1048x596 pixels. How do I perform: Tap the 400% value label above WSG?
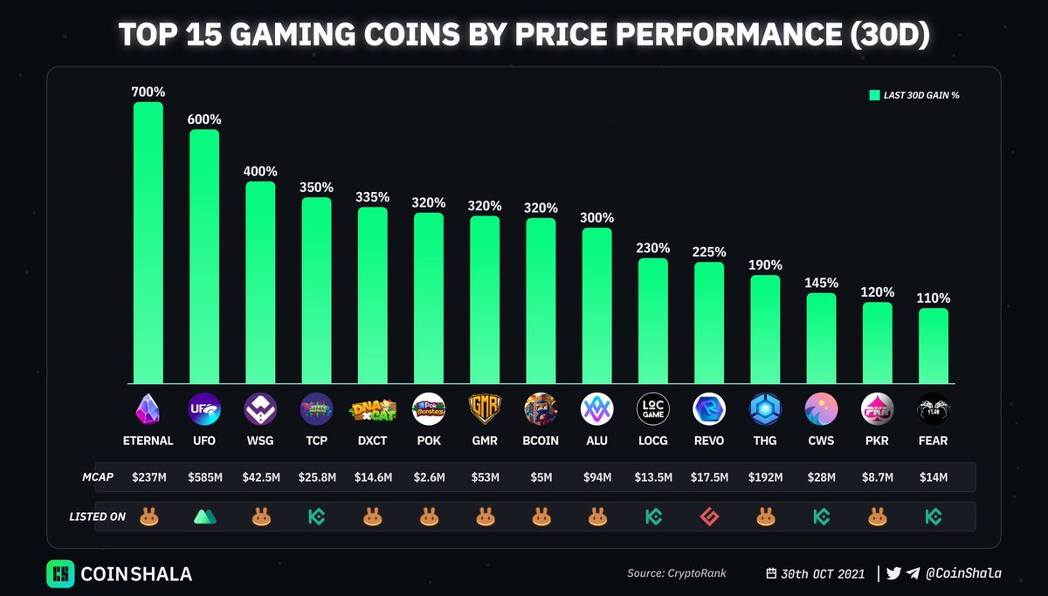[x=260, y=171]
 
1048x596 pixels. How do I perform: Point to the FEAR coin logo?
[x=934, y=408]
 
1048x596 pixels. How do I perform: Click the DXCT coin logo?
[x=373, y=408]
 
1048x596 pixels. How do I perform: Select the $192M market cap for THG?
[x=765, y=476]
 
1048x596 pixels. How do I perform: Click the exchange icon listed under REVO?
[x=709, y=517]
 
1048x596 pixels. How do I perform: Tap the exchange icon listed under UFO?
[x=204, y=517]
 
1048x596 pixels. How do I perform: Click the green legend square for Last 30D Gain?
[x=874, y=95]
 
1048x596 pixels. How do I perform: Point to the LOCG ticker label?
[x=653, y=441]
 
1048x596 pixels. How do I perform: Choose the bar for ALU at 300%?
[x=597, y=305]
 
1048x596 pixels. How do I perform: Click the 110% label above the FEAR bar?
[x=934, y=298]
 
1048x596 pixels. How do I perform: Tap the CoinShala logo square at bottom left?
[x=60, y=573]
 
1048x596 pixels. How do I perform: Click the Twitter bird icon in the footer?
[x=893, y=573]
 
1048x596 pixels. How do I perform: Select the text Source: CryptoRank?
[x=676, y=573]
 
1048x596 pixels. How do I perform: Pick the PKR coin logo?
[x=878, y=408]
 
